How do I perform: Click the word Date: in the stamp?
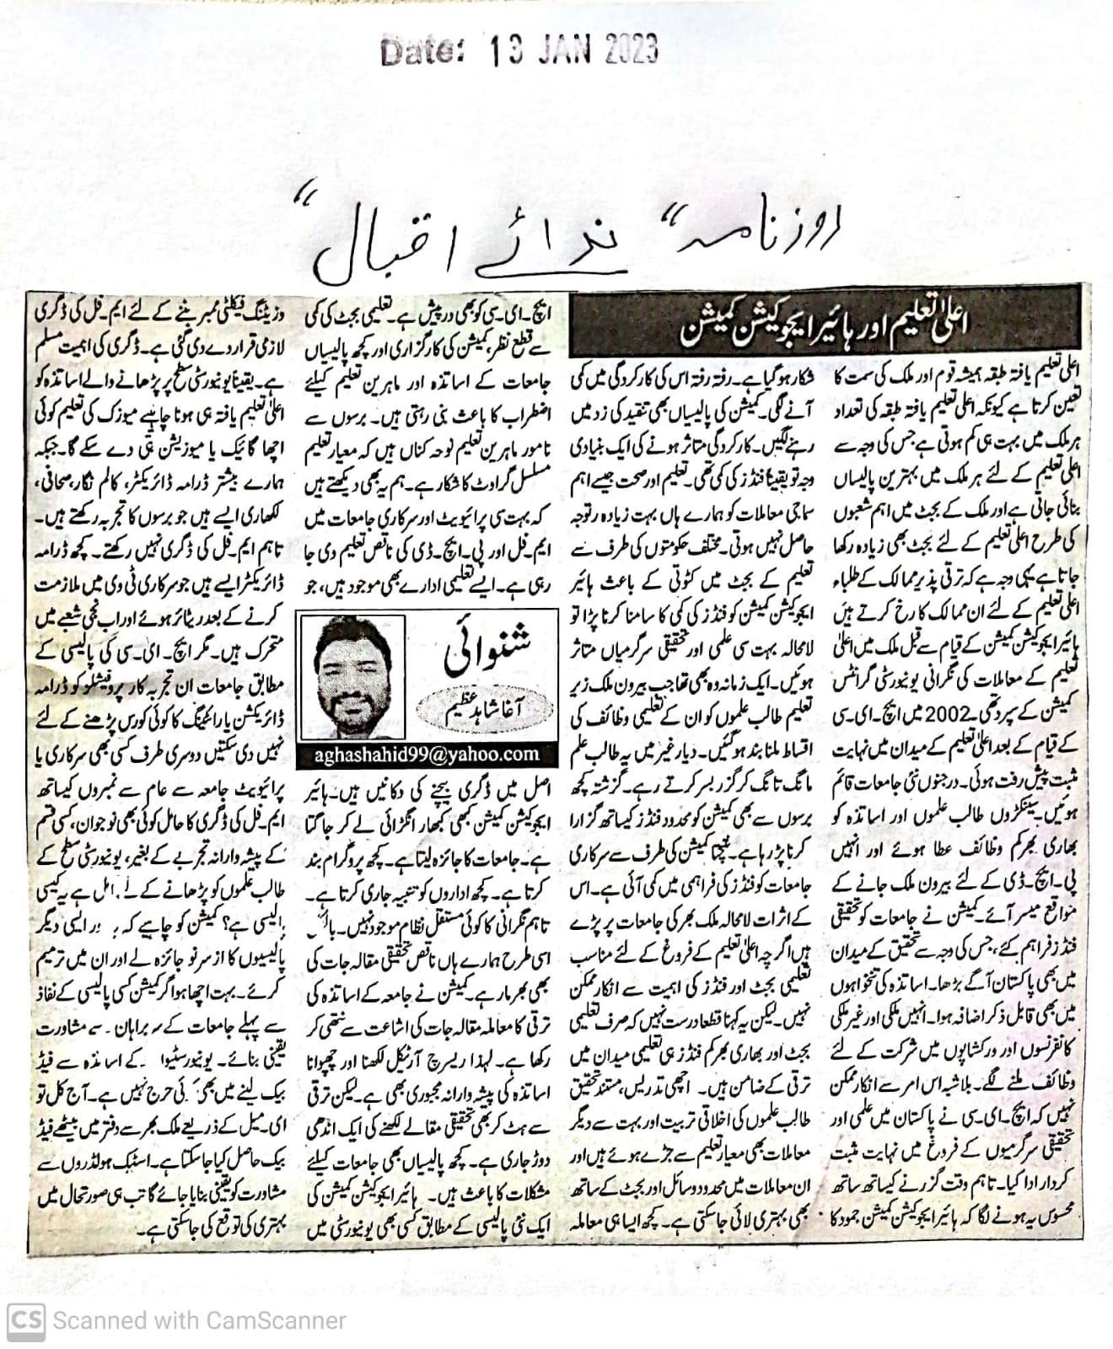[422, 51]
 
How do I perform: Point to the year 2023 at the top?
[630, 51]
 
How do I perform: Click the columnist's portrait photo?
[351, 676]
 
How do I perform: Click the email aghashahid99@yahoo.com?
[426, 755]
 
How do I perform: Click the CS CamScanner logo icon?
[25, 1320]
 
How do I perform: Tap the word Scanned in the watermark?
[95, 1320]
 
